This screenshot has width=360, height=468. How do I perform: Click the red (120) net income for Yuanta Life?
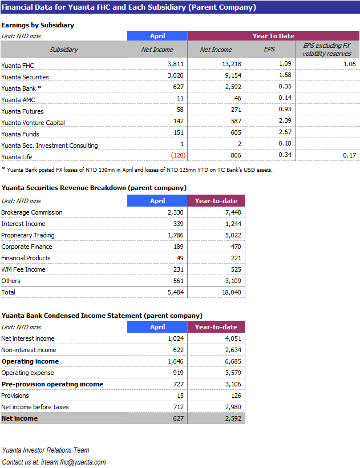pyautogui.click(x=179, y=155)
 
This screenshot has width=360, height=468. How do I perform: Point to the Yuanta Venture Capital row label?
pyautogui.click(x=33, y=123)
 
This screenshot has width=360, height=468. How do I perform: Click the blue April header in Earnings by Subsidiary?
pyautogui.click(x=157, y=36)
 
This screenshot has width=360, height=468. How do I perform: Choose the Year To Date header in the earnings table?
pyautogui.click(x=273, y=36)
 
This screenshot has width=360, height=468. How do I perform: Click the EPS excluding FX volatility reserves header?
pyautogui.click(x=327, y=49)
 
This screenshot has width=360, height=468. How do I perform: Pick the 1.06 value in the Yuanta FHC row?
pyautogui.click(x=349, y=64)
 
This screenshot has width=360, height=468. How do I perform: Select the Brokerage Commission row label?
pyautogui.click(x=32, y=212)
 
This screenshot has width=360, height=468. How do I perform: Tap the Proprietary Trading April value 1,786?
pyautogui.click(x=175, y=235)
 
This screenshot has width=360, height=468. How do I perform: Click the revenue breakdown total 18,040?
pyautogui.click(x=230, y=292)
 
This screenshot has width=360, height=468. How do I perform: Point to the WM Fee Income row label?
pyautogui.click(x=23, y=269)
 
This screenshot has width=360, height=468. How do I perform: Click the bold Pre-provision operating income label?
pyautogui.click(x=52, y=384)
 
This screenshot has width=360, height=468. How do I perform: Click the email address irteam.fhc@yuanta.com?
pyautogui.click(x=71, y=462)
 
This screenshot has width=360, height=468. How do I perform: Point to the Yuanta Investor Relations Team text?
pyautogui.click(x=46, y=450)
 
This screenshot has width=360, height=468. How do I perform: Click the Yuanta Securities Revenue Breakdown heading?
pyautogui.click(x=94, y=188)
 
